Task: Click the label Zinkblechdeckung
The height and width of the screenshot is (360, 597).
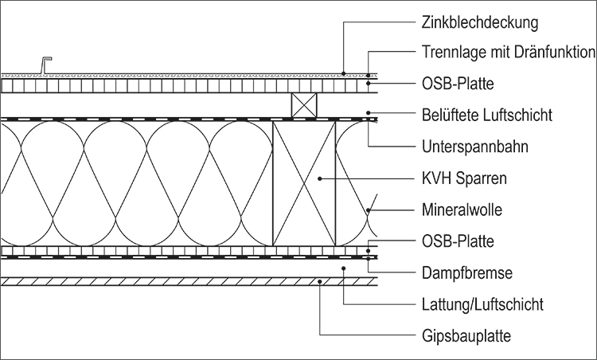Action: click(480, 22)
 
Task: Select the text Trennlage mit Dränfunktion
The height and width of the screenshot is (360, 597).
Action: click(509, 52)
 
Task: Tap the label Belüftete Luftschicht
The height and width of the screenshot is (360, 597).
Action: click(486, 115)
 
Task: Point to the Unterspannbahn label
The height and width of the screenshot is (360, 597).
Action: click(474, 147)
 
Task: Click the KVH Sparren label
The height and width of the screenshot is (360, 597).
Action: click(464, 178)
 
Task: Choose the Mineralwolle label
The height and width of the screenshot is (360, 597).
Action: click(462, 209)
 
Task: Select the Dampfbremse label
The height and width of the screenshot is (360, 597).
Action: click(467, 272)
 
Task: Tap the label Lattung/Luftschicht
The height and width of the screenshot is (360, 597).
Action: click(482, 304)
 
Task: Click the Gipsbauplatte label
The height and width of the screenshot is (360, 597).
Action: click(466, 336)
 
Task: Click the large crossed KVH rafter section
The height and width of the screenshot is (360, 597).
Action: click(304, 183)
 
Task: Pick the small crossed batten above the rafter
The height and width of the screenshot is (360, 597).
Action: click(304, 105)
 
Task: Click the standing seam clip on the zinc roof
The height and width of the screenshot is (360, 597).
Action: click(45, 65)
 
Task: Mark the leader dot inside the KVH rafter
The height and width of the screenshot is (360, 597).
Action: click(320, 178)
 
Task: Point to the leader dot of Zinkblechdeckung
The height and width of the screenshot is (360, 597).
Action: click(343, 73)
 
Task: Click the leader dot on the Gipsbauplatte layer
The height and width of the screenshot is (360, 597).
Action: click(320, 281)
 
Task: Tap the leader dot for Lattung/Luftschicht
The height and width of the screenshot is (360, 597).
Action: click(343, 268)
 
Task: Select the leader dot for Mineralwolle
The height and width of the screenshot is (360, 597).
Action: click(369, 210)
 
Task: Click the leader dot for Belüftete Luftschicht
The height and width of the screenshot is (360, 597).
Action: click(369, 113)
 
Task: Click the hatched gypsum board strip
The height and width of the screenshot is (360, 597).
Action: click(189, 281)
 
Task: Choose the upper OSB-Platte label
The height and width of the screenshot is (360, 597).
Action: click(458, 84)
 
